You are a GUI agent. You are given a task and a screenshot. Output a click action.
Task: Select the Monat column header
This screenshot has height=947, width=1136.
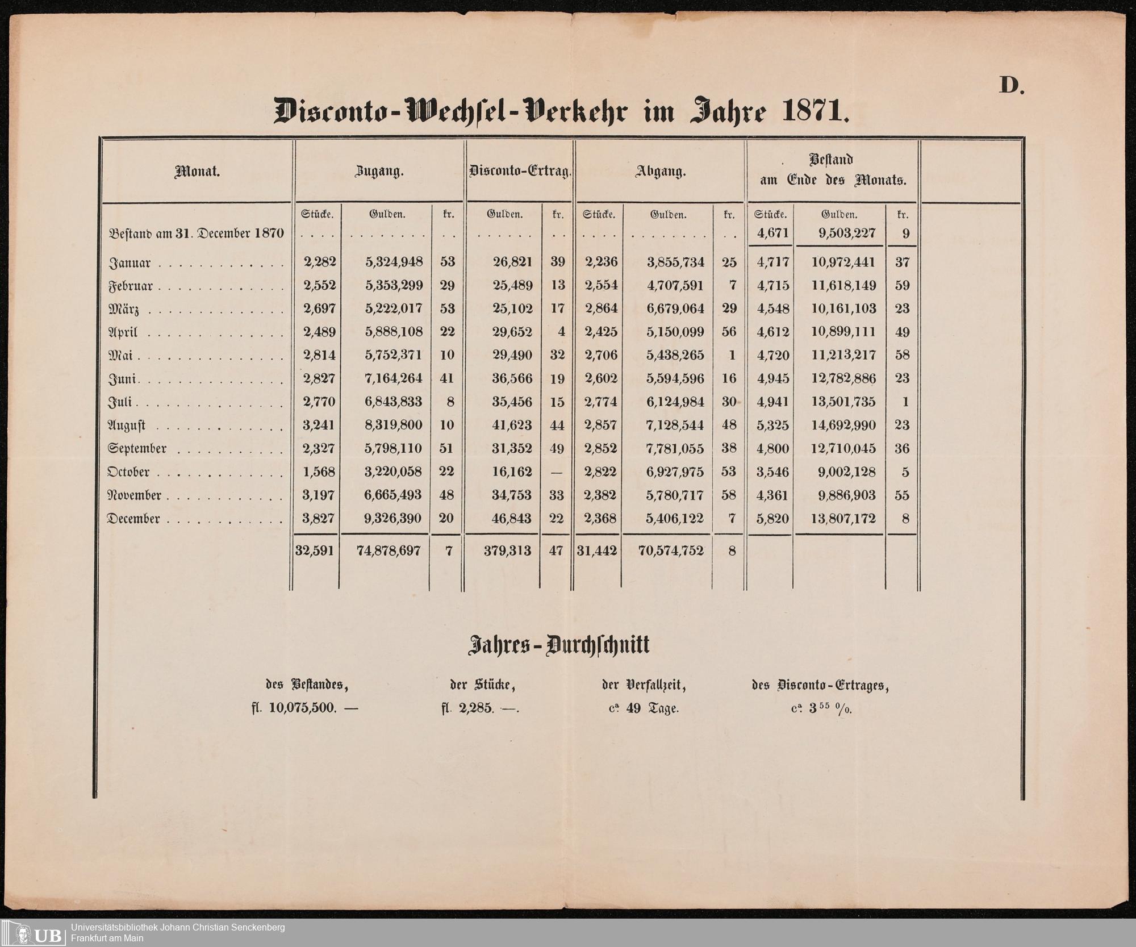pos(197,172)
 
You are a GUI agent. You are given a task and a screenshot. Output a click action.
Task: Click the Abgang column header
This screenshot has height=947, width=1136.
pos(661,172)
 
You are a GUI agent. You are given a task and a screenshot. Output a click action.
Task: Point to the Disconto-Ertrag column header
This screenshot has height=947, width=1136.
pos(519,172)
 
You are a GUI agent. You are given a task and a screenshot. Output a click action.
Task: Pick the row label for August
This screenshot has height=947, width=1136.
pos(127,425)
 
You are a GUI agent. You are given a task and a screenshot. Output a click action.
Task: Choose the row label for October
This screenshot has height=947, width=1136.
pos(129,472)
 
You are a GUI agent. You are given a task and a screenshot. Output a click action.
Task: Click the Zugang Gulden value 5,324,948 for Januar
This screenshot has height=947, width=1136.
pos(394,262)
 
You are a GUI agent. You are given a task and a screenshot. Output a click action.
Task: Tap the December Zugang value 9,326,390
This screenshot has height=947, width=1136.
pos(394,518)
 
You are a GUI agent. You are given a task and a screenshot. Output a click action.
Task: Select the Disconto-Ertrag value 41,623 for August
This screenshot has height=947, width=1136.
pos(512,425)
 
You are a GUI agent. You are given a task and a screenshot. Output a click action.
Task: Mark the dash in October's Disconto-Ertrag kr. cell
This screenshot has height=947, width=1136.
pos(557,472)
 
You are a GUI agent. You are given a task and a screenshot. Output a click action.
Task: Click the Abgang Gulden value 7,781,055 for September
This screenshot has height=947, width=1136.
pos(675,448)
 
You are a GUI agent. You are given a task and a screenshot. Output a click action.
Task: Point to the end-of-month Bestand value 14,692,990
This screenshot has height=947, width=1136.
pos(843,425)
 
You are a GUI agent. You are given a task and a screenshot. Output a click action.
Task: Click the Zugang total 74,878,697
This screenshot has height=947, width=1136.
pos(389,550)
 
